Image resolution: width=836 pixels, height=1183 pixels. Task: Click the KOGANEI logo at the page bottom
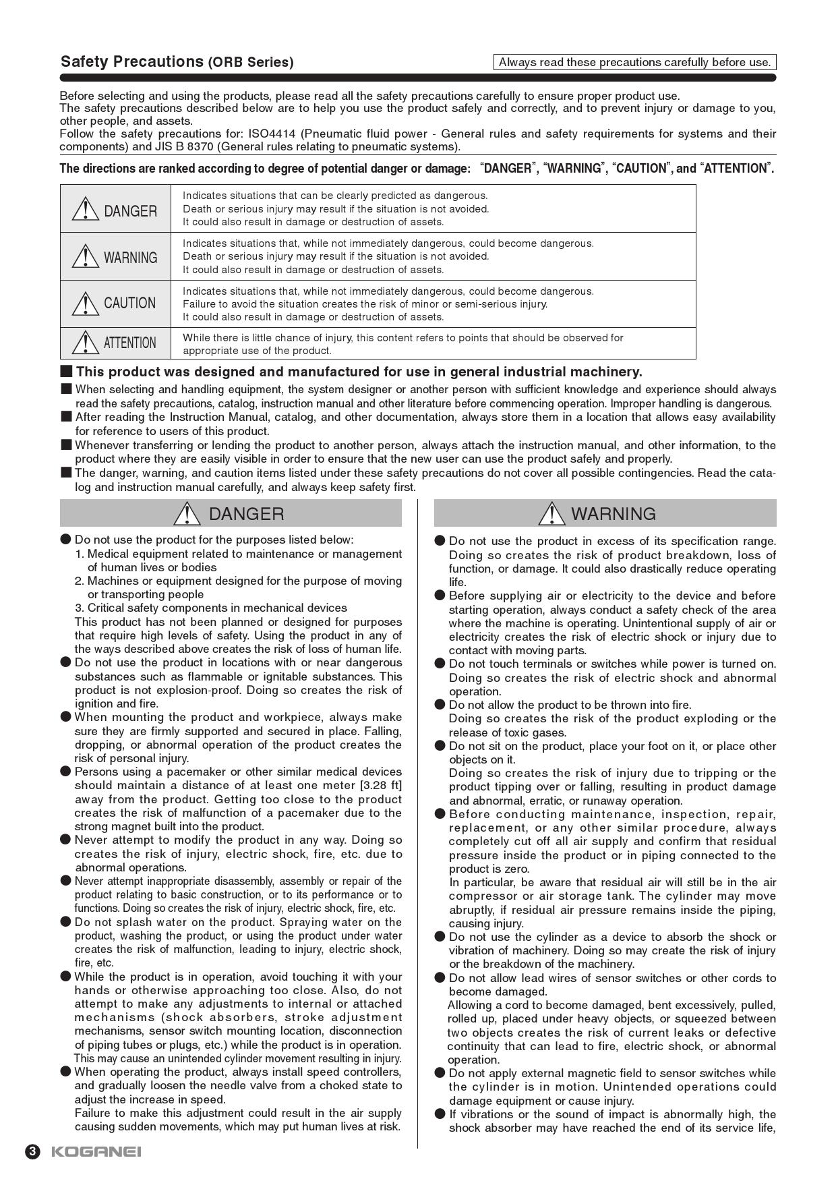tap(96, 1151)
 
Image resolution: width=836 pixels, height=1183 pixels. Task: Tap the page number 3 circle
tap(32, 1151)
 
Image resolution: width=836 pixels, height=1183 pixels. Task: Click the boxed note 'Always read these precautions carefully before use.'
tap(634, 62)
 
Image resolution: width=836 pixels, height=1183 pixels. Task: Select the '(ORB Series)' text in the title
tap(251, 63)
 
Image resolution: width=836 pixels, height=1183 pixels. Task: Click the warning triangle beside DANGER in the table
tap(86, 210)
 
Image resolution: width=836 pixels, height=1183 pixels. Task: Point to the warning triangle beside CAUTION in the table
tap(86, 303)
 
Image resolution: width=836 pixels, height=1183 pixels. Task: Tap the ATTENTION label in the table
tap(129, 343)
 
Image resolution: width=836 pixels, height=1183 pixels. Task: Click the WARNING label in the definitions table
tap(130, 258)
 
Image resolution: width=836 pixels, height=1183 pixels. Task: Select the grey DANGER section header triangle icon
tap(186, 514)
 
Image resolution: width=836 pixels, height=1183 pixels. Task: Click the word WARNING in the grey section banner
tap(613, 514)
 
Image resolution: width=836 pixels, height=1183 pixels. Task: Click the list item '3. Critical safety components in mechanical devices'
tap(210, 608)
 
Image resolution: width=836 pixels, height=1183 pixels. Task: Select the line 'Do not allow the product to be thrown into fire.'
tap(570, 705)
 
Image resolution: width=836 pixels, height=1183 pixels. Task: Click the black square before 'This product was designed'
tap(66, 371)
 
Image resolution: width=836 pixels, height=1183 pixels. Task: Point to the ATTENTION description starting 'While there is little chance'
tap(402, 344)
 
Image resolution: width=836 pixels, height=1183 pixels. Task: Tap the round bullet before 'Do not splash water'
tap(65, 922)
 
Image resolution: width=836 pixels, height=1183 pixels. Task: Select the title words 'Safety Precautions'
tap(131, 62)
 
